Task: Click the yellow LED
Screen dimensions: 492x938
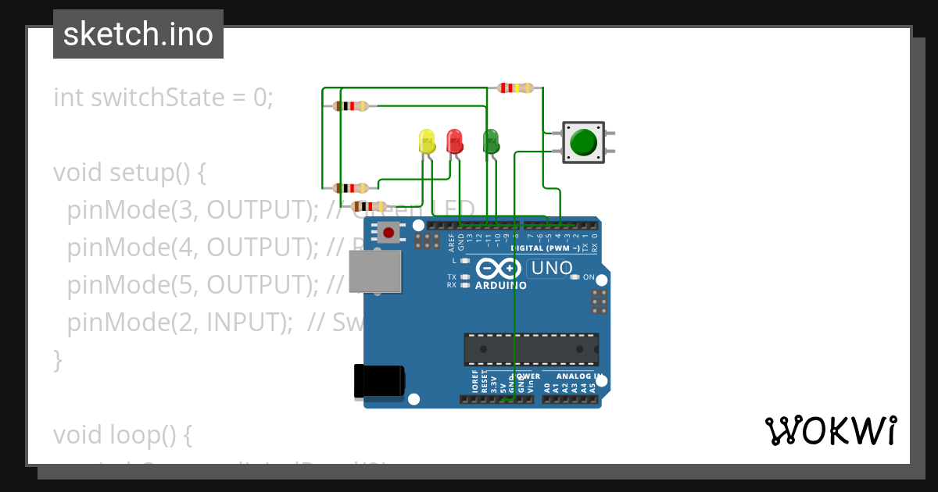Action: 427,141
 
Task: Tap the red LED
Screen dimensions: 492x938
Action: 454,141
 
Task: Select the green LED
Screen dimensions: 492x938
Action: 491,141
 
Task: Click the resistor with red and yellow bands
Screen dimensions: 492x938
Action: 516,87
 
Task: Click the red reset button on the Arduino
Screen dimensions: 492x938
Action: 388,232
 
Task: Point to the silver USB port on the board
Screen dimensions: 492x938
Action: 374,272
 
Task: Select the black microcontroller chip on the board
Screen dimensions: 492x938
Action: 532,349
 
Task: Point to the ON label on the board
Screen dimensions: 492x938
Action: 589,277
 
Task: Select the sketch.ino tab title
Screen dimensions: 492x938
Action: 138,34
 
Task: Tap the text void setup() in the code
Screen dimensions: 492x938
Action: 129,173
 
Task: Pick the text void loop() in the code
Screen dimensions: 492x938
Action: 122,434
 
